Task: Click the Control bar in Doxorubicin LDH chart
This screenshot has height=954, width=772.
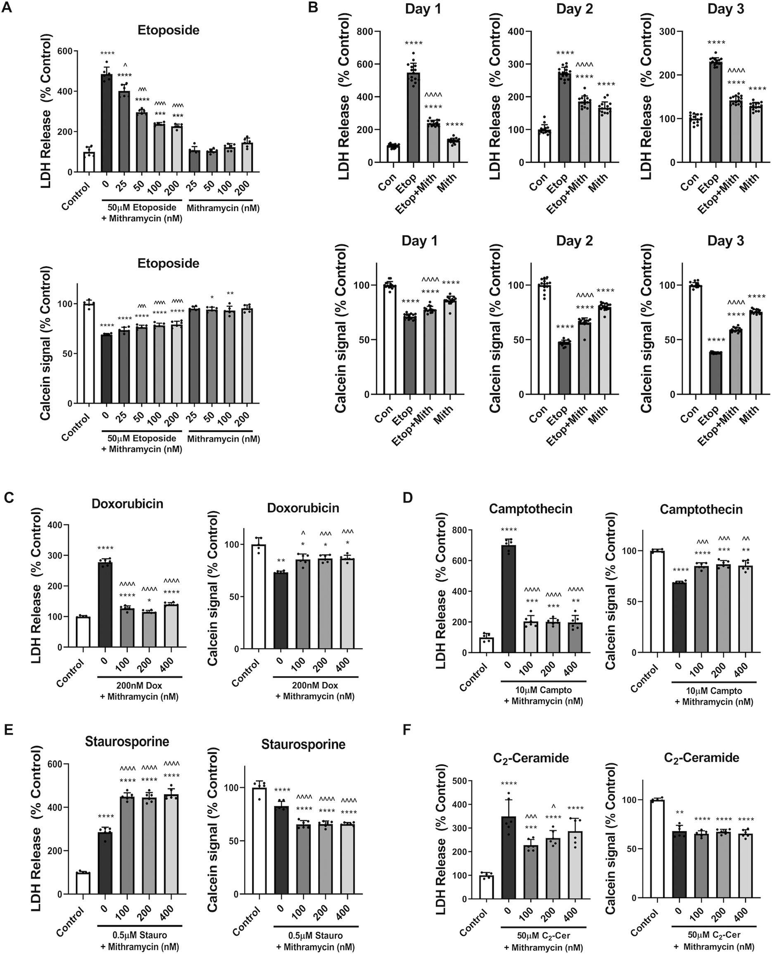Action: pos(83,632)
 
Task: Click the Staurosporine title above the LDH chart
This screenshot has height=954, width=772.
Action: pos(127,741)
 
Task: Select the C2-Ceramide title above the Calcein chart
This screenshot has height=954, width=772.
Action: pos(701,757)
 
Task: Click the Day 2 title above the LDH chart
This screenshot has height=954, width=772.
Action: pos(575,9)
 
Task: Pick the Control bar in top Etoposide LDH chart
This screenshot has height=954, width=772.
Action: pos(89,162)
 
